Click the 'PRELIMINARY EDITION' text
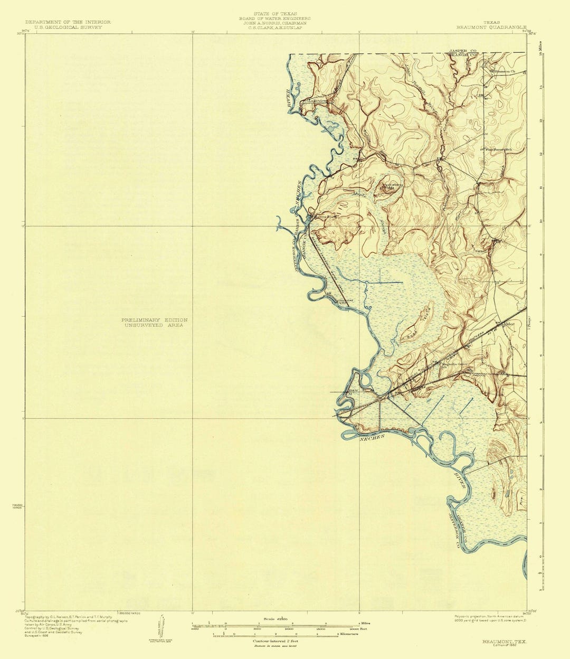point(154,320)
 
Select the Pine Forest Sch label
point(499,149)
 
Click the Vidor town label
point(509,324)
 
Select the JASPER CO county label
point(462,51)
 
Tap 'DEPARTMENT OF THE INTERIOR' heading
point(68,22)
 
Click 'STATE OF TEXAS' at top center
point(275,13)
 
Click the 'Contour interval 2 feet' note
point(275,641)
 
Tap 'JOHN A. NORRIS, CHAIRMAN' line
point(275,23)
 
